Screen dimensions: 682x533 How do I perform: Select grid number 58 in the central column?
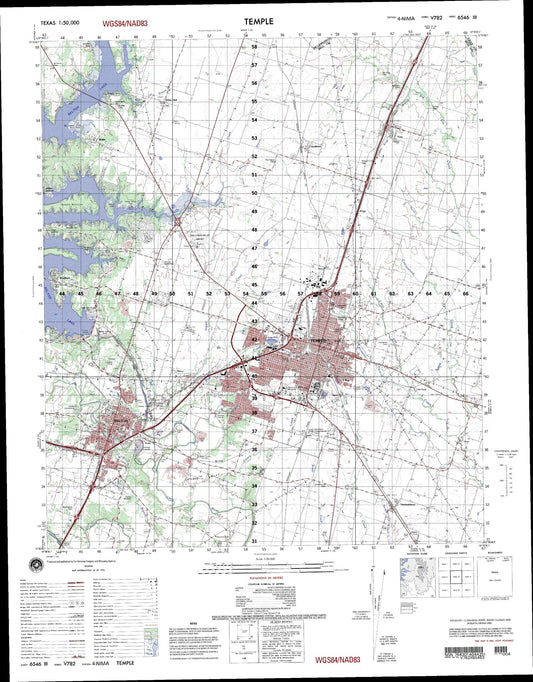click(254, 47)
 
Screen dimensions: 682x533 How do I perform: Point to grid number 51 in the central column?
click(254, 175)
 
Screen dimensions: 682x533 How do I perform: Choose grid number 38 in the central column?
click(254, 412)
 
